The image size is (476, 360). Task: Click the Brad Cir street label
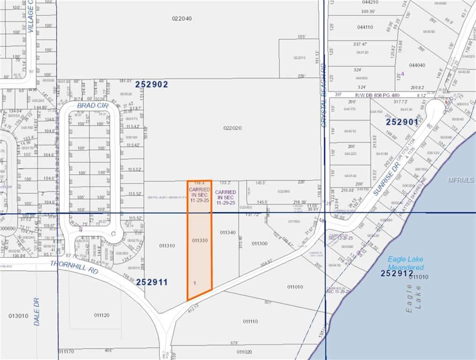coord(93,106)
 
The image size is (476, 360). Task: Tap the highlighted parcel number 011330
coord(200,240)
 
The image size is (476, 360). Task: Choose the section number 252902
coord(151,84)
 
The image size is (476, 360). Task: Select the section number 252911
coord(151,282)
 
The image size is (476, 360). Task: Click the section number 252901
coord(402,121)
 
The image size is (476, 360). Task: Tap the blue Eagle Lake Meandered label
coord(406,263)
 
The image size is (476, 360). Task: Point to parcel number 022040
coord(181,19)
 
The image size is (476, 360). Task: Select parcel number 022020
coord(232,127)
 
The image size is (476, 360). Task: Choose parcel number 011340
coord(227,232)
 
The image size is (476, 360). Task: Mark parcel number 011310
coord(167,246)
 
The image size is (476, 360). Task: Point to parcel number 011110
coord(250,321)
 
